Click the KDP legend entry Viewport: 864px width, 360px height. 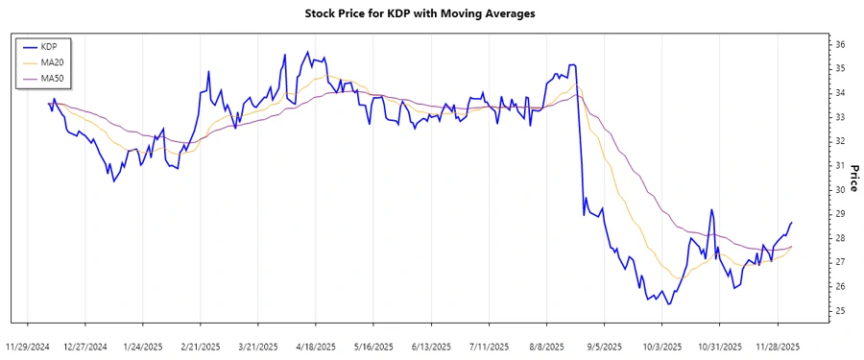coord(51,46)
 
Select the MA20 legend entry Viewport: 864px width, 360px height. coord(54,61)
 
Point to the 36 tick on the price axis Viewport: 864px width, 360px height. coord(839,44)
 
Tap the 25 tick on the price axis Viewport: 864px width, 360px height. coord(839,311)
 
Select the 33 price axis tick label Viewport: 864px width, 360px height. coord(839,117)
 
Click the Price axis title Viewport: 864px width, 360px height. coord(853,179)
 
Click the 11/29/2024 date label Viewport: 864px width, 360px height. coord(28,347)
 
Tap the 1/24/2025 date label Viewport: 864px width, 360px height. coord(143,347)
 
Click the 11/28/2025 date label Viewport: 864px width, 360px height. coord(777,347)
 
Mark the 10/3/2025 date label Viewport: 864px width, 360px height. coord(661,347)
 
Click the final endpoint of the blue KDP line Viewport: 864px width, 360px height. coord(792,223)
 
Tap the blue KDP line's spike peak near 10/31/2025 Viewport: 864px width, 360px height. coord(711,209)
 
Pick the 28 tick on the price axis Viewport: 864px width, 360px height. coord(839,238)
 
